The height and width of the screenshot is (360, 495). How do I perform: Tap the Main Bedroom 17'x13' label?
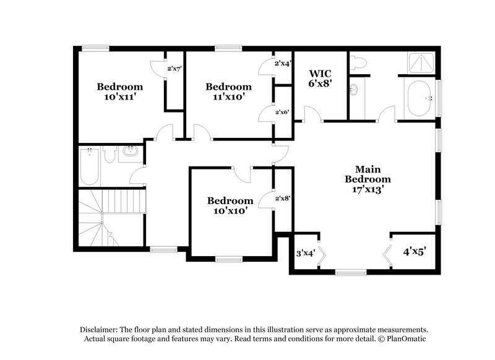pos(368,179)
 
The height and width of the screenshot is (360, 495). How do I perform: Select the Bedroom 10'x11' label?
pos(119,92)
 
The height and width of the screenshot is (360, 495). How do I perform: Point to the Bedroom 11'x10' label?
pos(228,92)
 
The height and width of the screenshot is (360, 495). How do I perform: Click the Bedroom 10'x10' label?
pos(230,205)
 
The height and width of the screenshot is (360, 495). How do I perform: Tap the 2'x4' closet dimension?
pos(283,62)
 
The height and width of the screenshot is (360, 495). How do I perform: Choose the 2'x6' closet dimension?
pos(283,111)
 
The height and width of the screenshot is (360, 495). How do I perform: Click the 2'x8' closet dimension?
pos(283,198)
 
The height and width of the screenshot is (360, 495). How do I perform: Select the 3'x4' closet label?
pos(306,253)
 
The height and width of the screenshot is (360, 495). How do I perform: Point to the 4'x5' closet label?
pos(415,252)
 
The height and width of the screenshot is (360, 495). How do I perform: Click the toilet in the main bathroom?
pos(358,62)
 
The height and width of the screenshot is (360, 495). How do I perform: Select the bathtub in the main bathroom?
pos(421,98)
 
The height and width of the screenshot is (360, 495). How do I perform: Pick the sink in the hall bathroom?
pos(131,151)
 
